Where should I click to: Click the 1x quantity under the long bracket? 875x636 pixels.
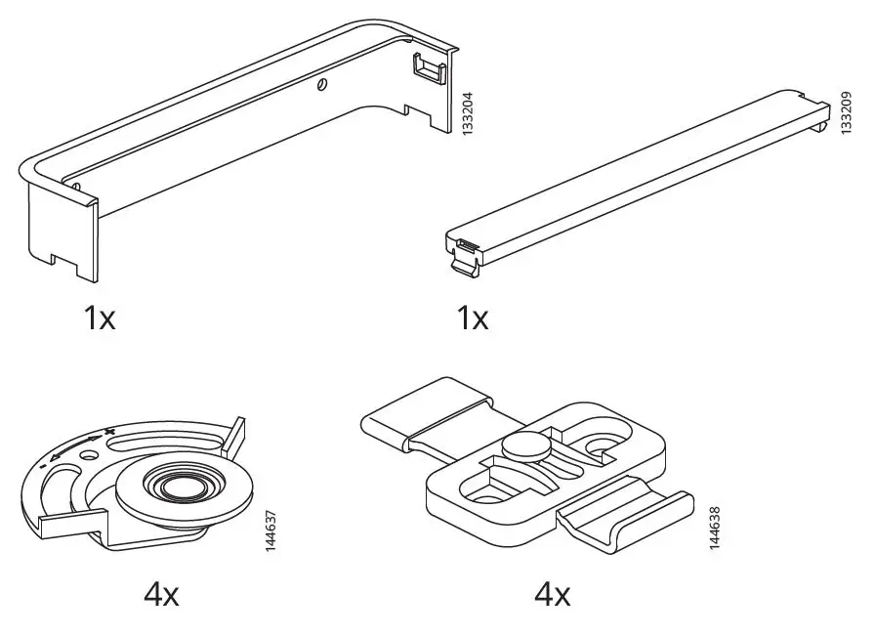tap(99, 318)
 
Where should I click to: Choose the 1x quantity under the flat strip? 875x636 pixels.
tap(472, 318)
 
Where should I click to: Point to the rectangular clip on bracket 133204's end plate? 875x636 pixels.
tap(426, 69)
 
